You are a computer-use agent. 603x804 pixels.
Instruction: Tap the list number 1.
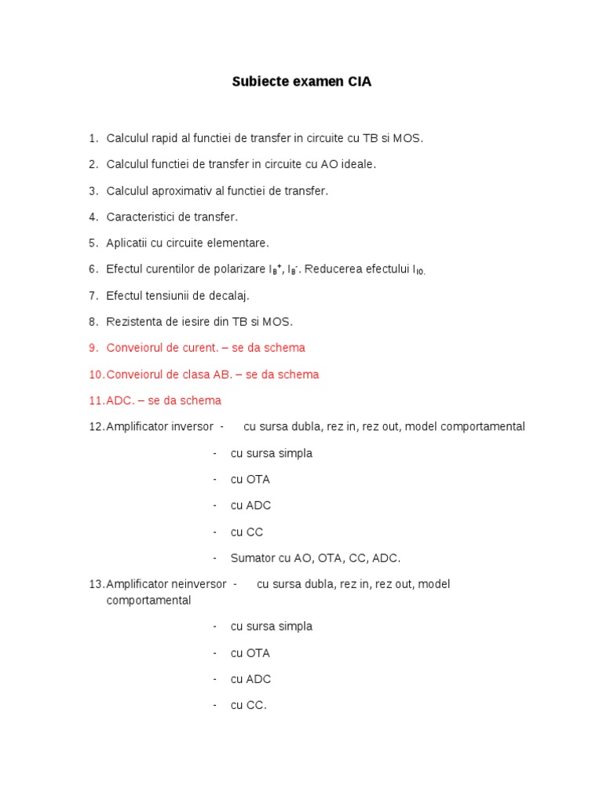click(93, 138)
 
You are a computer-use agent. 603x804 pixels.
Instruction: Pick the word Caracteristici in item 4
click(141, 217)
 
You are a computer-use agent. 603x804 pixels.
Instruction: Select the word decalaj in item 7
click(227, 295)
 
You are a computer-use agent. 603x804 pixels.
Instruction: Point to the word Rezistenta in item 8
click(133, 321)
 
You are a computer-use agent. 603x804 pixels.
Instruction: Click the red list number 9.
click(93, 348)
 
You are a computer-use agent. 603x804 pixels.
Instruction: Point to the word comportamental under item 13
click(148, 600)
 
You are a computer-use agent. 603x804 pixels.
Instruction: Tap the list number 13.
click(96, 584)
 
